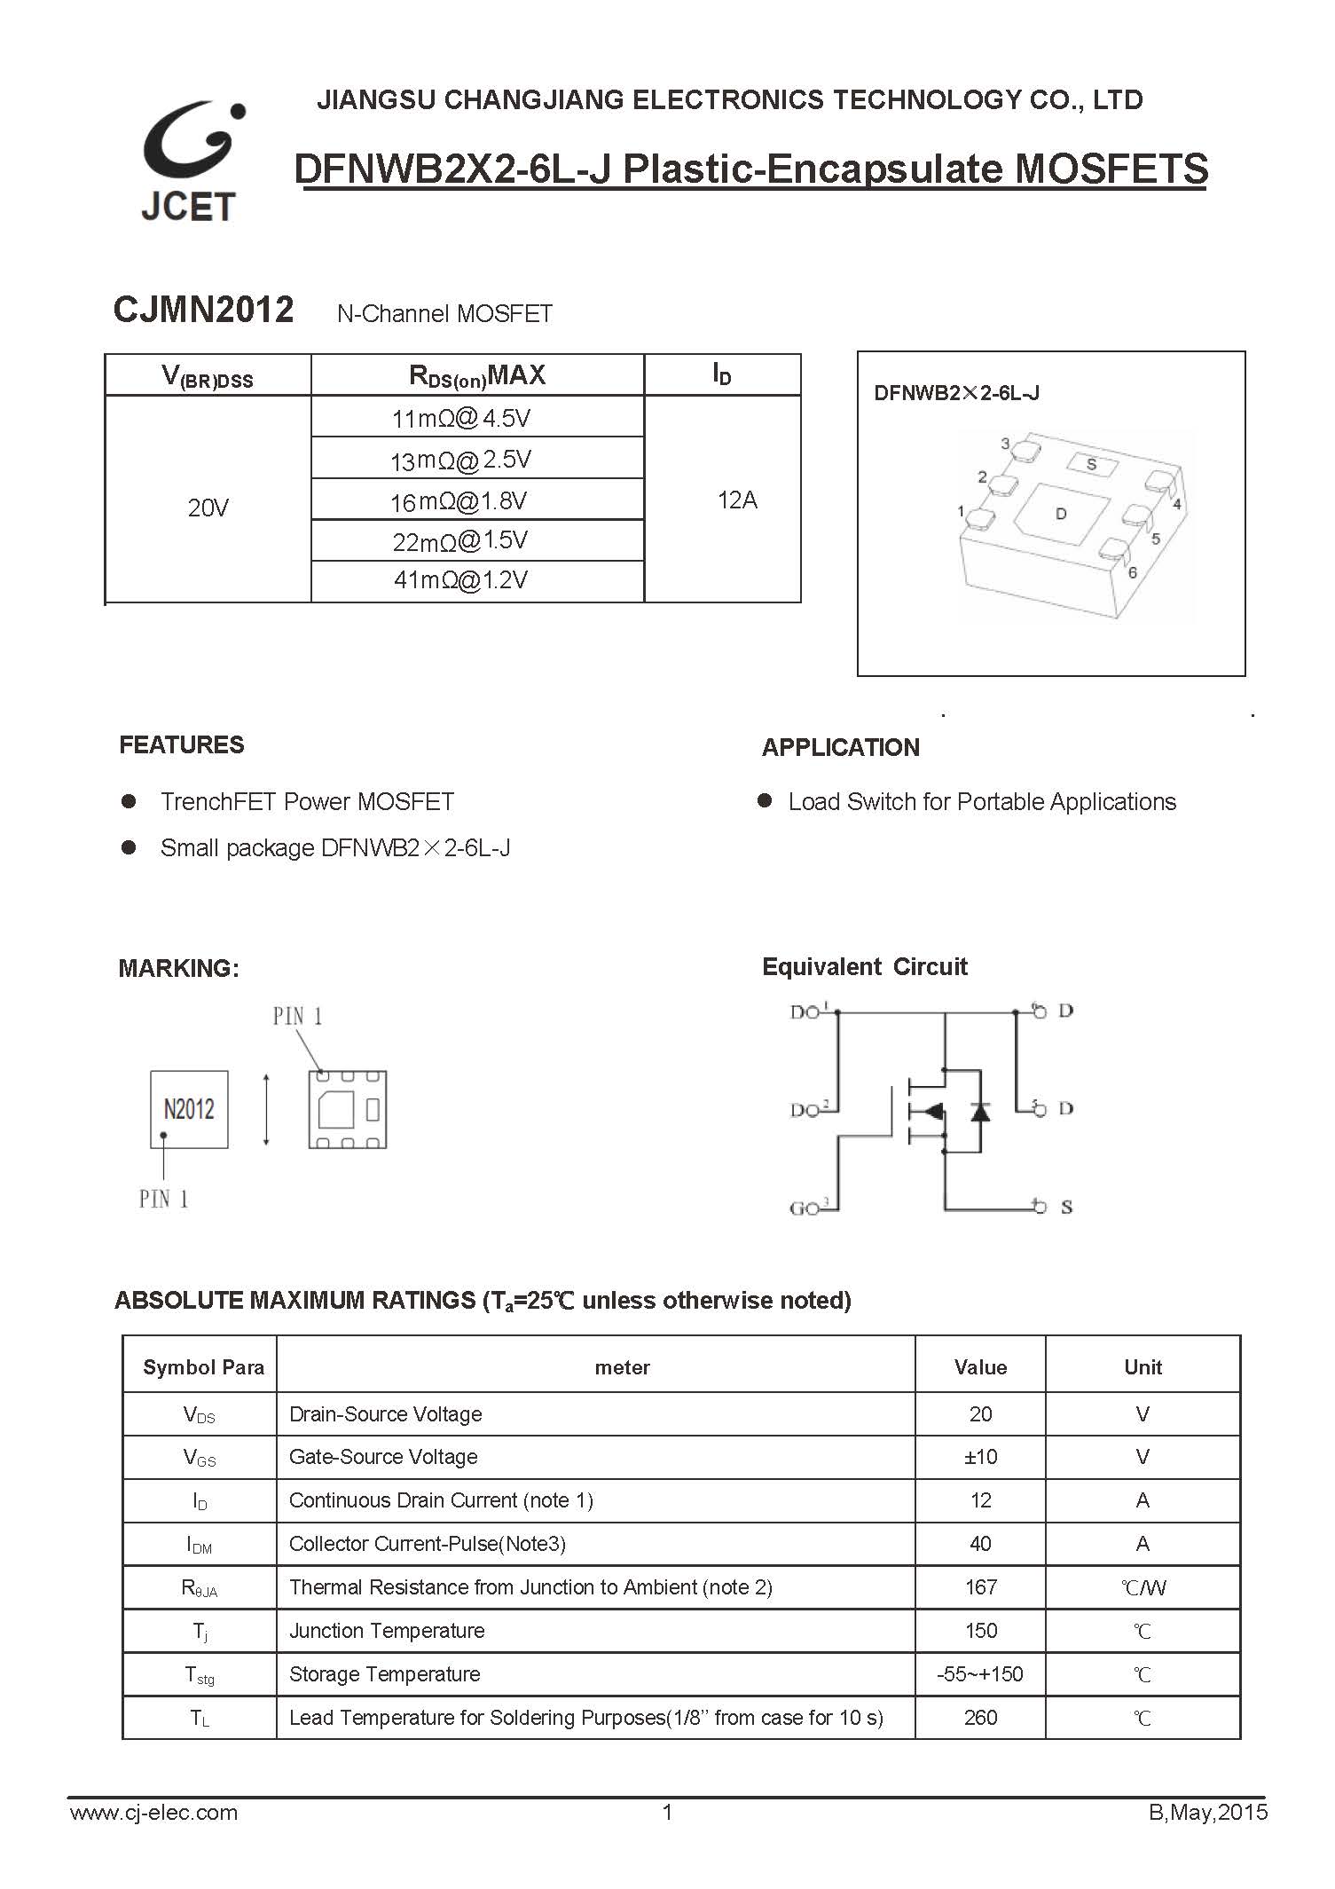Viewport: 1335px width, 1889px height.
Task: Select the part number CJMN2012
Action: pyautogui.click(x=203, y=310)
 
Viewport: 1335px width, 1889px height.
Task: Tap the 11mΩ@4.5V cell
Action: pyautogui.click(x=460, y=417)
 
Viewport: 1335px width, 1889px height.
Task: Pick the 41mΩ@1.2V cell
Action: pyautogui.click(x=460, y=580)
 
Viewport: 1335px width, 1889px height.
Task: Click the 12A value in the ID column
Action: pyautogui.click(x=737, y=500)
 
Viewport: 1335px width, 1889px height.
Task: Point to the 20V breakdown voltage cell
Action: pyautogui.click(x=208, y=508)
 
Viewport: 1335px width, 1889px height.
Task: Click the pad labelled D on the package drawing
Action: pyautogui.click(x=1061, y=514)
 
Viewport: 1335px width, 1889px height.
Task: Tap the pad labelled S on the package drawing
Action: pyautogui.click(x=1091, y=464)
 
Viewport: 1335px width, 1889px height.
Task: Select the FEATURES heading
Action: pyautogui.click(x=182, y=744)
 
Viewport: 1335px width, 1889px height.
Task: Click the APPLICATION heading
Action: pyautogui.click(x=840, y=747)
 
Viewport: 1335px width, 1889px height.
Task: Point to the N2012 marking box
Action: pyautogui.click(x=189, y=1109)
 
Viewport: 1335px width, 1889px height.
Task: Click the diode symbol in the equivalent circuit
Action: pyautogui.click(x=980, y=1111)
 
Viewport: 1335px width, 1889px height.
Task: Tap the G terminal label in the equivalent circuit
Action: pyautogui.click(x=797, y=1208)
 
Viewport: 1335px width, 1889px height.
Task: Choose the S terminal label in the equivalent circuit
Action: pyautogui.click(x=1066, y=1207)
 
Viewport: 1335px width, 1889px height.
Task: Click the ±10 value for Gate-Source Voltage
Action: pyautogui.click(x=980, y=1457)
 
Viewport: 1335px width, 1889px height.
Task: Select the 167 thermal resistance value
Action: pyautogui.click(x=980, y=1587)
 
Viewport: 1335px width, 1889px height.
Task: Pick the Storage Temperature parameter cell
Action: pyautogui.click(x=385, y=1674)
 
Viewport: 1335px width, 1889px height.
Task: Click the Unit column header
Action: pyautogui.click(x=1143, y=1367)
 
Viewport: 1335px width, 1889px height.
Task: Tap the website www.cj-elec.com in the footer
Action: pyautogui.click(x=153, y=1813)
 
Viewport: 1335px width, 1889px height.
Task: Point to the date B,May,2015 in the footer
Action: pyautogui.click(x=1208, y=1813)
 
